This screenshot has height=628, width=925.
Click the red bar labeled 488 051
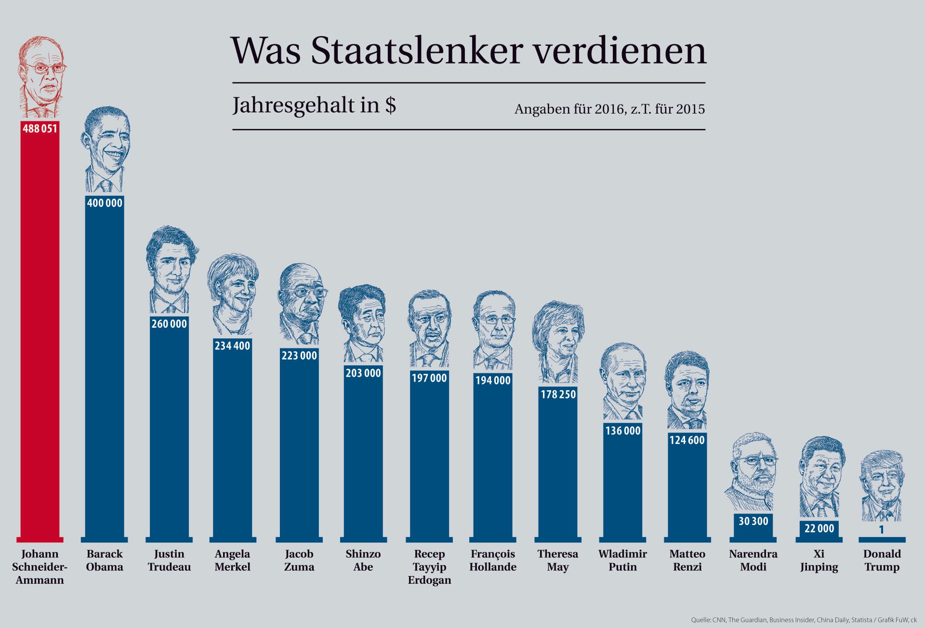(x=40, y=337)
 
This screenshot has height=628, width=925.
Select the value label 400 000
(x=105, y=203)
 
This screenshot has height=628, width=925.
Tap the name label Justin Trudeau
(x=169, y=560)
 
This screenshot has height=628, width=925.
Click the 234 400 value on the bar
(x=232, y=346)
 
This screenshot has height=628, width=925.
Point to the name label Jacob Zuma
(x=299, y=560)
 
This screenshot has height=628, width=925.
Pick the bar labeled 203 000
(x=363, y=457)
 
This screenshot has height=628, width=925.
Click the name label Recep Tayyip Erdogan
(x=429, y=567)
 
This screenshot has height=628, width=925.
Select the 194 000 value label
(x=493, y=380)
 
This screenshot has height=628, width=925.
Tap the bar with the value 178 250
(x=558, y=467)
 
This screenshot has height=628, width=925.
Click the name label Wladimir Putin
(x=622, y=560)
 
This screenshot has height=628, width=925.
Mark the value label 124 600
(x=687, y=440)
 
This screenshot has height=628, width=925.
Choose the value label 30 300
(x=753, y=521)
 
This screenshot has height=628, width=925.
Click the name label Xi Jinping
(x=819, y=560)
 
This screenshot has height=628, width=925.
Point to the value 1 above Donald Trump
(x=882, y=530)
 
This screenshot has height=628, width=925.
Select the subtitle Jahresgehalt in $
(x=314, y=105)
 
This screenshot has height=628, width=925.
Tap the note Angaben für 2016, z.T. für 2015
(x=609, y=109)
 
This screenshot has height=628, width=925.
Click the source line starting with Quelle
(x=804, y=620)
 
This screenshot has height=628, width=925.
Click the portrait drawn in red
(x=41, y=77)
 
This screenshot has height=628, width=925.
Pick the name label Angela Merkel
(x=232, y=560)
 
